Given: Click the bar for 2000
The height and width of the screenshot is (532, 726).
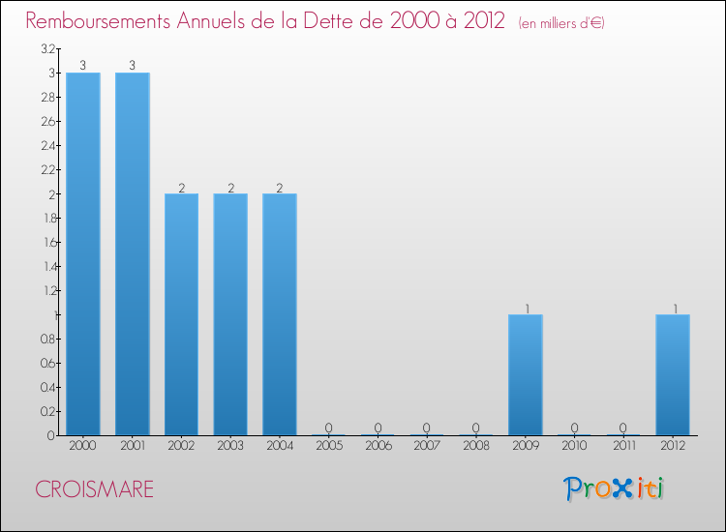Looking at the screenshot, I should [x=83, y=253].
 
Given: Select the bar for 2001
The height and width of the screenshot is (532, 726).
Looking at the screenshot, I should [x=133, y=253].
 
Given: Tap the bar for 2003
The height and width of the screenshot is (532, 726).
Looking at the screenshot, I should [x=230, y=314].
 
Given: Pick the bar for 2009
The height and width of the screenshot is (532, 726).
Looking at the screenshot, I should [x=526, y=374].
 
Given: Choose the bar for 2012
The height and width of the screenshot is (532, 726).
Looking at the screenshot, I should [x=673, y=374].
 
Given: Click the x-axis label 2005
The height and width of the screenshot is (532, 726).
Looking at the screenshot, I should [x=329, y=447].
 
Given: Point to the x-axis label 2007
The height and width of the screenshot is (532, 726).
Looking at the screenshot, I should [x=427, y=447].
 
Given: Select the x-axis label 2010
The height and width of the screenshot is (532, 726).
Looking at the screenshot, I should [x=575, y=447].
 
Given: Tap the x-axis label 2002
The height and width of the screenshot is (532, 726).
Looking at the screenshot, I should [x=182, y=447].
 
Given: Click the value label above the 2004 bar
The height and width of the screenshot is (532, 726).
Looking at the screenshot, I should [x=280, y=188].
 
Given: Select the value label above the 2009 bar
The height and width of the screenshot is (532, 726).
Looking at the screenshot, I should [x=526, y=309].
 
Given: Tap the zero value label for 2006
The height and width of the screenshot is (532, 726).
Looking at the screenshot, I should [x=378, y=429].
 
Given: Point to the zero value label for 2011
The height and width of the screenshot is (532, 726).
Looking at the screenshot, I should [x=623, y=429].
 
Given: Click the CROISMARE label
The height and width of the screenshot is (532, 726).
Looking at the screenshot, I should [x=94, y=489].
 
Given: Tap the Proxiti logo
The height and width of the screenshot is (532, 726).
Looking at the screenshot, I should [x=614, y=488].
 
